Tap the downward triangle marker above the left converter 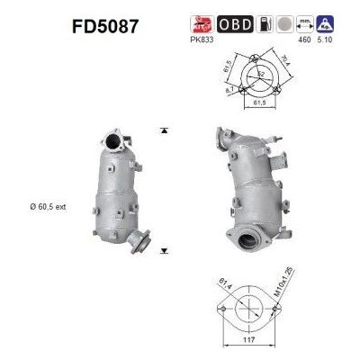coord(163,130)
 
